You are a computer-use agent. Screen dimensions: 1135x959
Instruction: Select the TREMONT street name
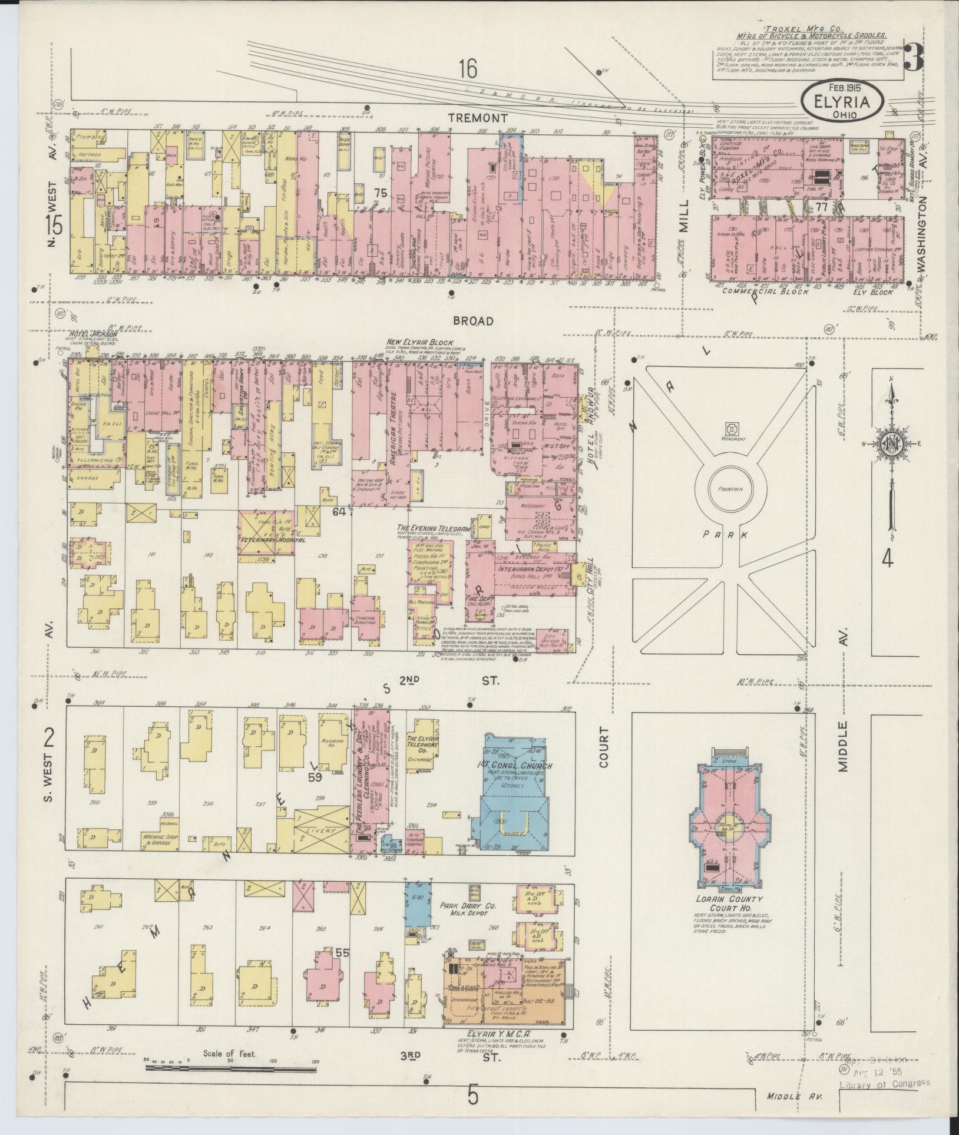(477, 118)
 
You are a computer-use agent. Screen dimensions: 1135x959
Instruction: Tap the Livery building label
(320, 830)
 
